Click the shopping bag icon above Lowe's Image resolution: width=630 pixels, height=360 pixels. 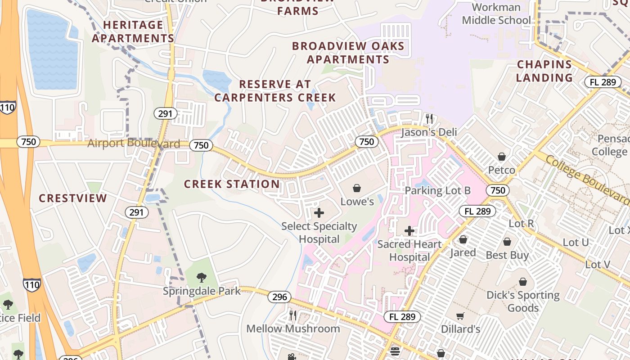point(357,188)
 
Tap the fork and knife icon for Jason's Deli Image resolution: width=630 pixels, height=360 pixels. point(429,119)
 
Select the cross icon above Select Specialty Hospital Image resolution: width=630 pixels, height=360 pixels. point(319,212)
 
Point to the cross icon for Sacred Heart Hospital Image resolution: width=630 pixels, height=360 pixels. point(409,231)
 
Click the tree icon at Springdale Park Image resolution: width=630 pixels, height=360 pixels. point(202,278)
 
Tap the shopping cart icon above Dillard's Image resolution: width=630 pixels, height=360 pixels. point(460,316)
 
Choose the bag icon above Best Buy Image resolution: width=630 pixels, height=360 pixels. point(507,242)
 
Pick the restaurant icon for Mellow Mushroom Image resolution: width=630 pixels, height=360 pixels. point(293,315)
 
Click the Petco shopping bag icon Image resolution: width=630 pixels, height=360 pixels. point(501,157)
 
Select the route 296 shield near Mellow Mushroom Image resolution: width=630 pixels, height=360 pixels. point(279,297)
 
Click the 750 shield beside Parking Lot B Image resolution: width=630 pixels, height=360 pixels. point(498,190)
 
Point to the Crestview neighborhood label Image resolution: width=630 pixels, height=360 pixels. point(73,198)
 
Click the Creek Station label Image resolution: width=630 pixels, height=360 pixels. point(232,184)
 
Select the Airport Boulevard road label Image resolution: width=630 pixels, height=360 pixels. point(134,144)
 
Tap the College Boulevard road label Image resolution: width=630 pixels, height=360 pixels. point(588,179)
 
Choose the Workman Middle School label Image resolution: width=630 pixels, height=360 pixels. point(496,13)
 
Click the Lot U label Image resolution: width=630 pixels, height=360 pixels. point(576,243)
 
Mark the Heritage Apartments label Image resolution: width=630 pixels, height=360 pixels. point(133,31)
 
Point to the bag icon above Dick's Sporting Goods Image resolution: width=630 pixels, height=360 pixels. point(522,282)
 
